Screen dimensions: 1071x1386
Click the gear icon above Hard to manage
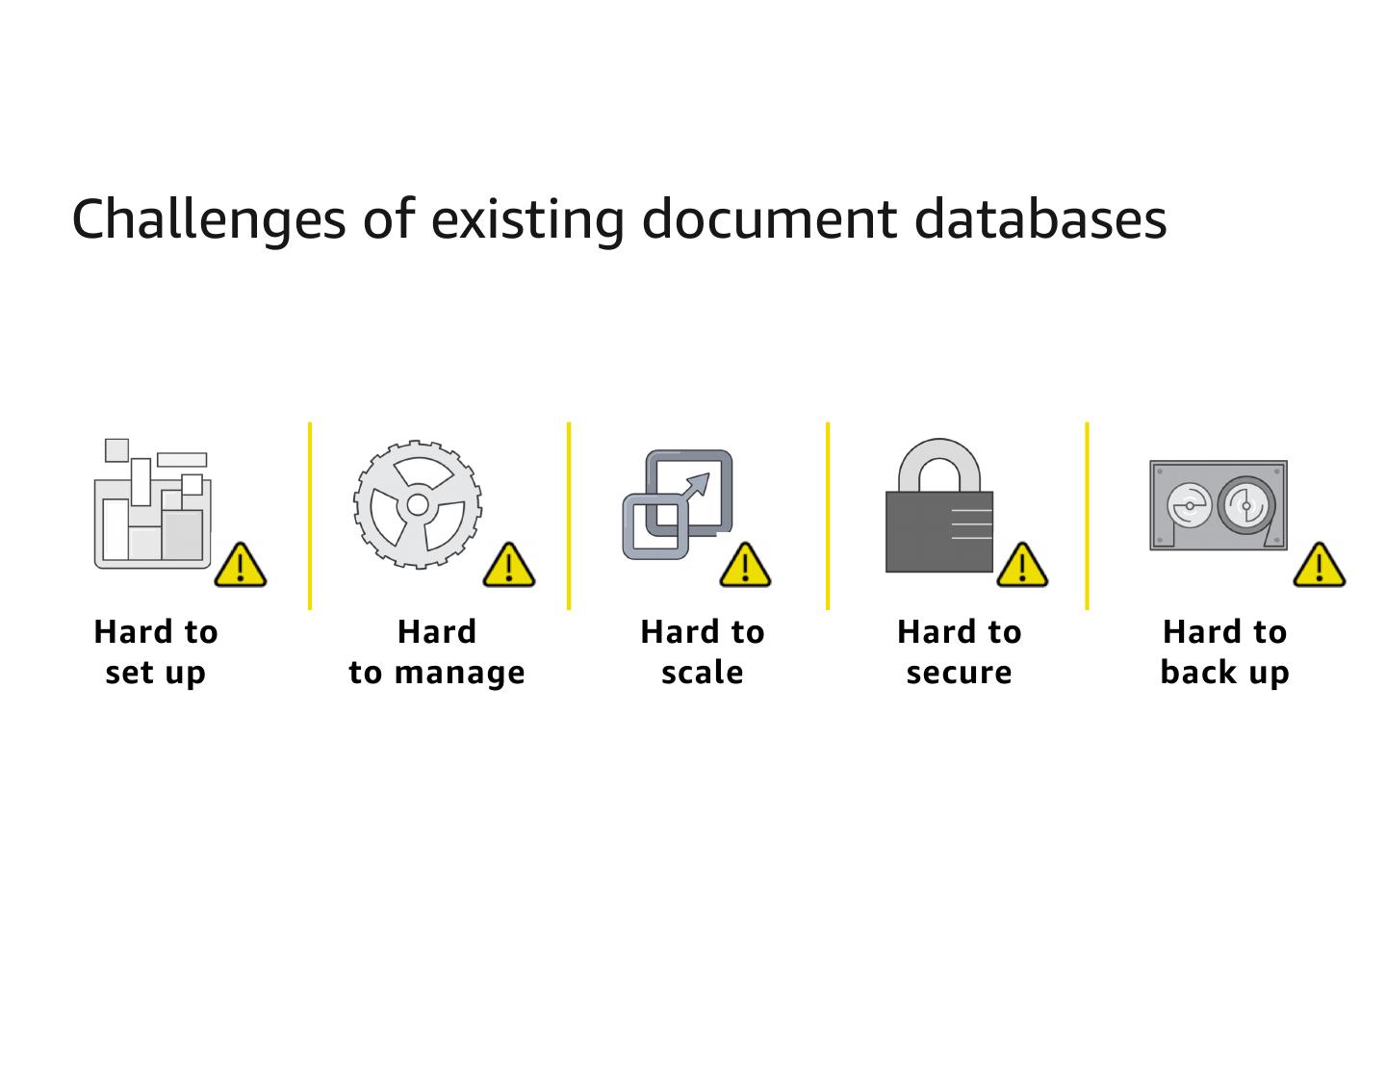click(418, 504)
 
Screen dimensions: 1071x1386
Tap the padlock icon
click(939, 508)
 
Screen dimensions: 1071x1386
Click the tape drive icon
click(1219, 505)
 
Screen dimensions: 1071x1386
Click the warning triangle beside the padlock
click(1022, 566)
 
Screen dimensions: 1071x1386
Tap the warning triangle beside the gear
click(508, 566)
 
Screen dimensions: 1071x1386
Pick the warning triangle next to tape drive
click(1319, 566)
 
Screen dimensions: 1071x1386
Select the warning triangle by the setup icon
click(240, 566)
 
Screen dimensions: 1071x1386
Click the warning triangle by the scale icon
click(745, 566)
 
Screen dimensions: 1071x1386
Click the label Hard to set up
click(156, 651)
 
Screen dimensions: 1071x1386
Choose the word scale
click(703, 672)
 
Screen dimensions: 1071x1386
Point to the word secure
click(959, 672)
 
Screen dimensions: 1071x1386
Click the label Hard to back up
click(1224, 651)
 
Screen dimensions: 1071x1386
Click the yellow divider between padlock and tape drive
click(1087, 516)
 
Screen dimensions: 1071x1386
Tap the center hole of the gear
click(418, 504)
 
